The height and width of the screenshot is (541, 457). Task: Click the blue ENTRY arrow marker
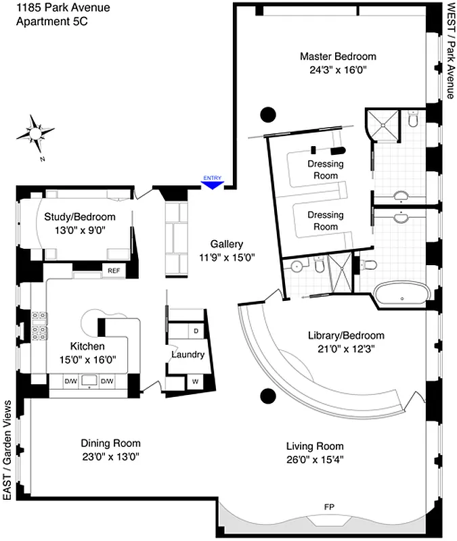point(212,182)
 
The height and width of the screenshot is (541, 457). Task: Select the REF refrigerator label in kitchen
point(113,270)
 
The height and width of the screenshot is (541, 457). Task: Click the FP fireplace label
point(330,507)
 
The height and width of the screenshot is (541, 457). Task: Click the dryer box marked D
point(196,331)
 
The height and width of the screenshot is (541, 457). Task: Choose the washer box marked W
point(195,381)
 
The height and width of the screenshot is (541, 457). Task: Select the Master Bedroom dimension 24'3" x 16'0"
point(337,68)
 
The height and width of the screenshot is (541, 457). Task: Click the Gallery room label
point(226,244)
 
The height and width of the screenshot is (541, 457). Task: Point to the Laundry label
point(188,354)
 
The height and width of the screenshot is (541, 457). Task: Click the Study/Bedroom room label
point(79,217)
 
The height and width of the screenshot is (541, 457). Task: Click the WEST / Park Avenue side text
point(450,51)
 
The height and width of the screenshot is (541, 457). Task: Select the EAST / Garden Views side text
point(8,450)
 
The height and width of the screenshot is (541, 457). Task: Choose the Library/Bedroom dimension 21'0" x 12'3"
point(345,348)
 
